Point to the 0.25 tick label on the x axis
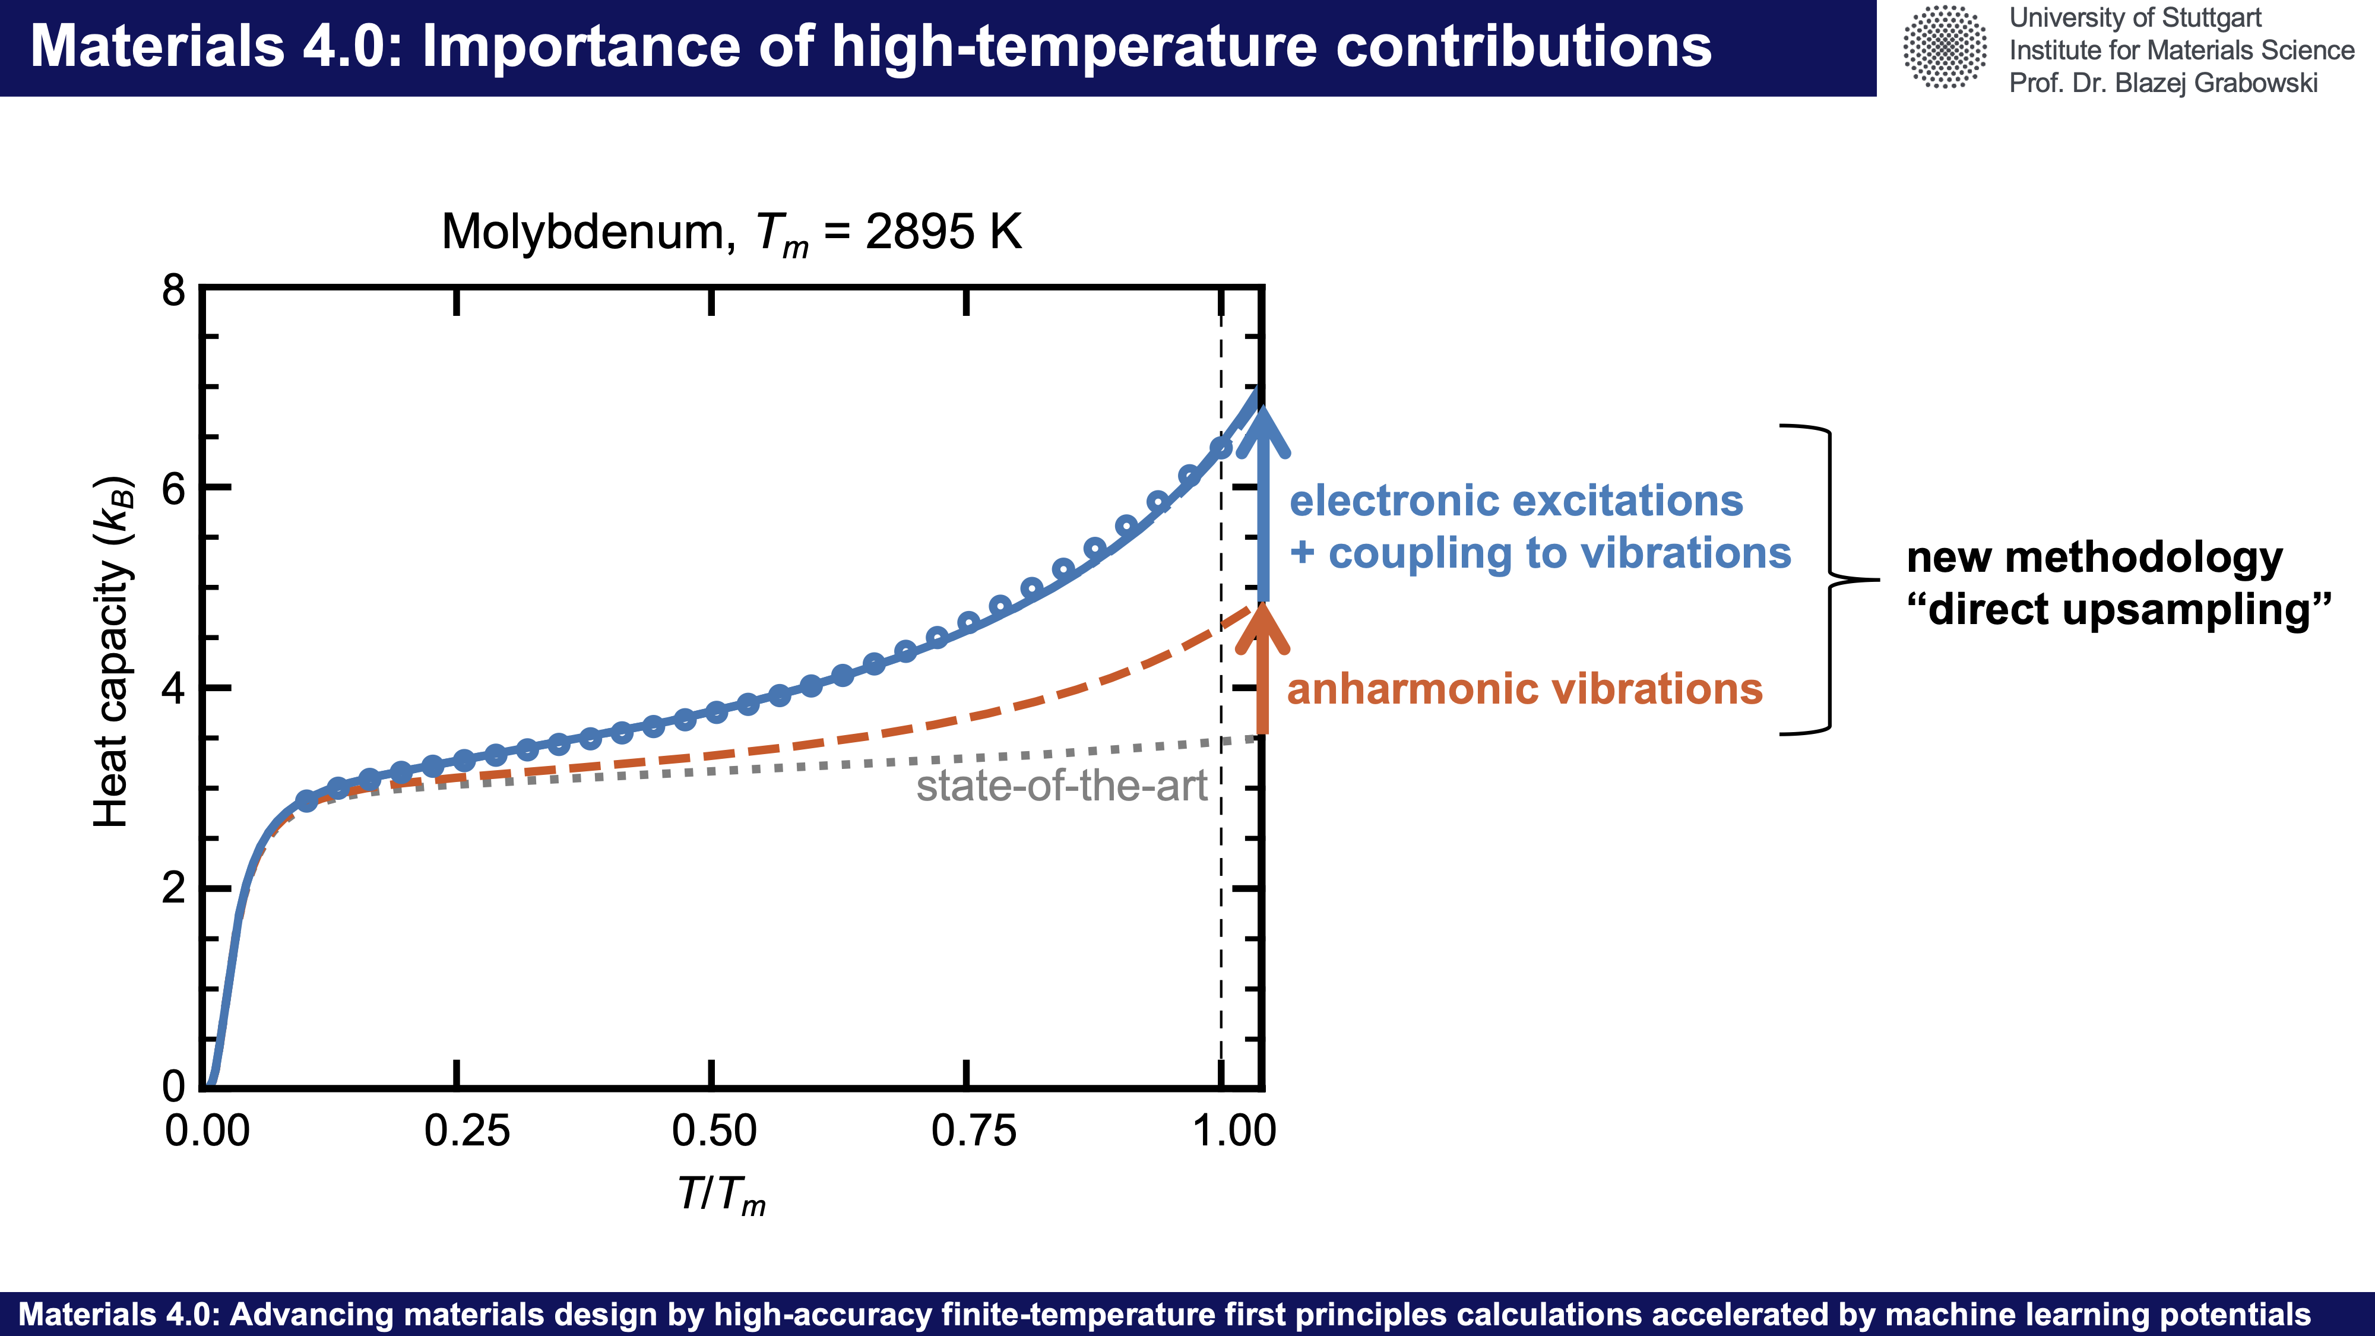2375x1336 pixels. (x=467, y=1131)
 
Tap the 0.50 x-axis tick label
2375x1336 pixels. (x=714, y=1131)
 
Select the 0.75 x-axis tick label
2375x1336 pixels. (x=974, y=1131)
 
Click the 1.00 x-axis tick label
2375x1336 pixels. (x=1234, y=1131)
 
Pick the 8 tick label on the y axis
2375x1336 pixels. (x=173, y=292)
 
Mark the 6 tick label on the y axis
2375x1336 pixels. (x=173, y=489)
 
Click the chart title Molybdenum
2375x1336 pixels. (x=731, y=232)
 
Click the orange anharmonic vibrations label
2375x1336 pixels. (x=1524, y=689)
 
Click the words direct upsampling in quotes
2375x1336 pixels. (x=2118, y=609)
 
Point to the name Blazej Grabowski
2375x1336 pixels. (x=2215, y=83)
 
